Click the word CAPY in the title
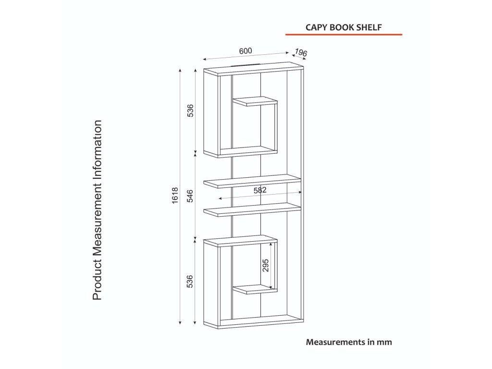point(316,27)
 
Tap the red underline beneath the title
point(344,35)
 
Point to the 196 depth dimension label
point(301,52)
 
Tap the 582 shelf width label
point(260,190)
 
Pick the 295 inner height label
point(266,265)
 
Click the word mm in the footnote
point(384,343)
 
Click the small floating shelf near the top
point(255,101)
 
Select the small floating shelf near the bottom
point(255,289)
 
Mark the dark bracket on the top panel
point(246,65)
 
